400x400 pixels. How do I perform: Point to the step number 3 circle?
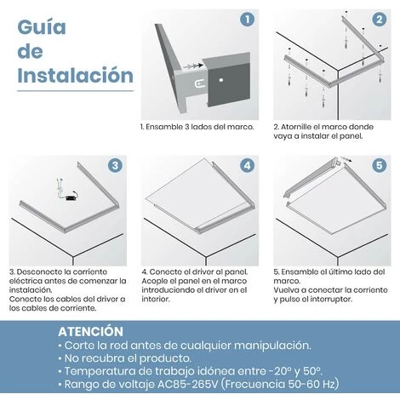point(115,165)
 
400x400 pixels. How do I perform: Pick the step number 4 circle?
point(247,165)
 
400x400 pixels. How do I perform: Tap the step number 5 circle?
point(379,165)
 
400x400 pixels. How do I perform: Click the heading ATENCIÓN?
point(90,330)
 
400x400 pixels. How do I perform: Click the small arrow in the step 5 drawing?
point(345,159)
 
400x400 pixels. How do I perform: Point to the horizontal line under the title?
point(75,90)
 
